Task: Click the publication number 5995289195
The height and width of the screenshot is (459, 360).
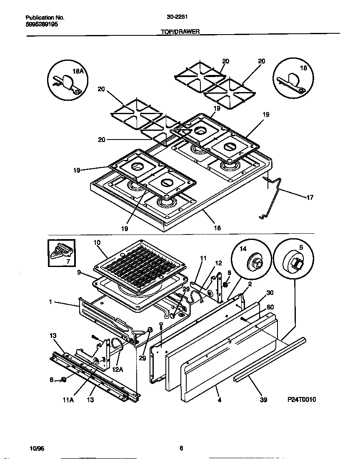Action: pyautogui.click(x=42, y=25)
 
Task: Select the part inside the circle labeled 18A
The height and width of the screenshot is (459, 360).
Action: pyautogui.click(x=67, y=82)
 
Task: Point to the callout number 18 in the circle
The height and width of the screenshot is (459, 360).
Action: pyautogui.click(x=303, y=68)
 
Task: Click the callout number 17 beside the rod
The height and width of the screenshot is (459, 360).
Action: pyautogui.click(x=309, y=197)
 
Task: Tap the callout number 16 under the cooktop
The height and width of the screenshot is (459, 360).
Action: pyautogui.click(x=217, y=228)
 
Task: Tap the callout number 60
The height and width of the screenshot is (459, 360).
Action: pyautogui.click(x=270, y=307)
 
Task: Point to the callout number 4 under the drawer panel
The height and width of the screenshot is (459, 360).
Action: pyautogui.click(x=220, y=400)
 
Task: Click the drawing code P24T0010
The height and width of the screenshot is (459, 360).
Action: pyautogui.click(x=302, y=400)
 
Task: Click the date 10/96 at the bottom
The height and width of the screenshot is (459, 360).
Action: pyautogui.click(x=37, y=449)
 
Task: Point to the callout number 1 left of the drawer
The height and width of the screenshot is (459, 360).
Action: pyautogui.click(x=50, y=302)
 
